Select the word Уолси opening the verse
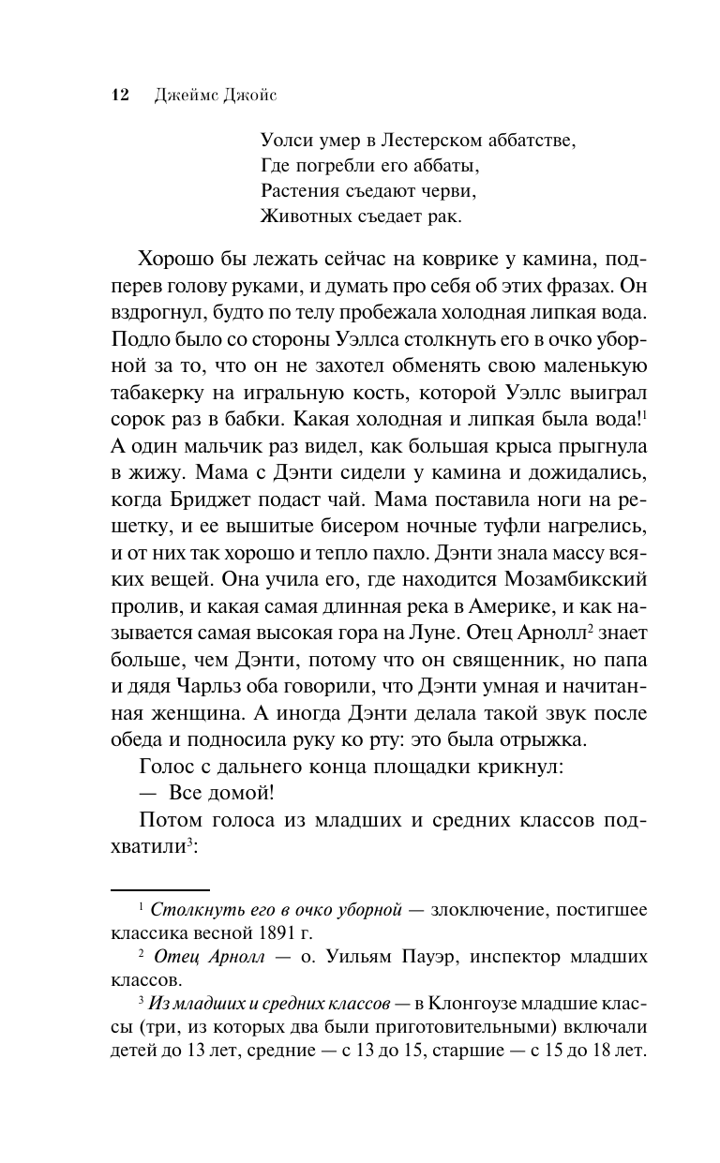pyautogui.click(x=287, y=142)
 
